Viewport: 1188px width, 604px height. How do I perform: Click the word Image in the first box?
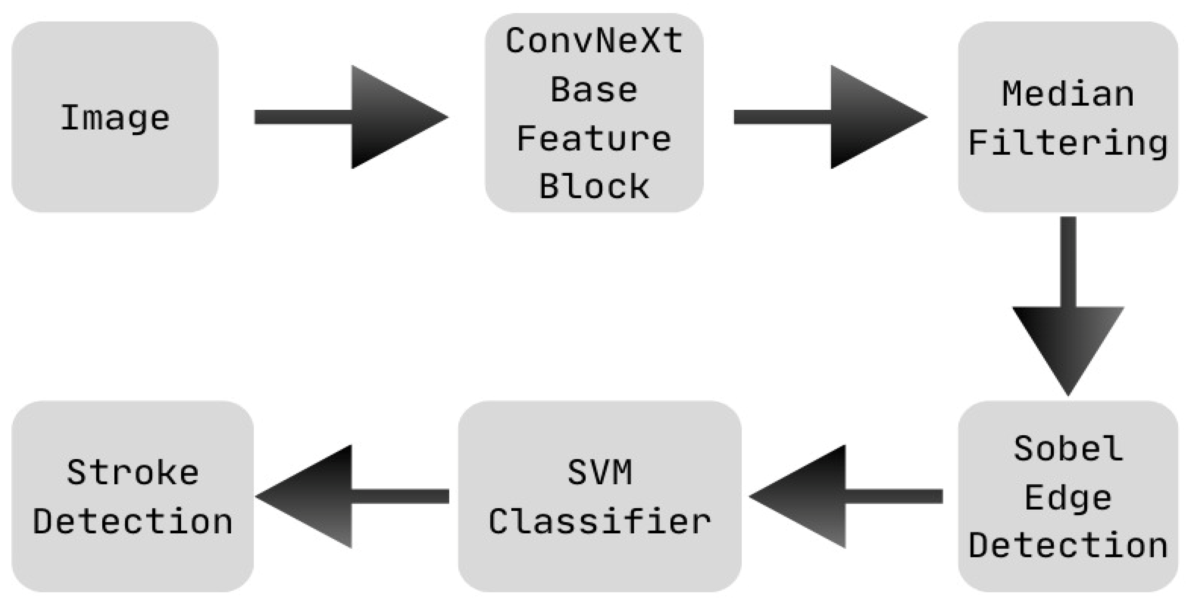pos(115,118)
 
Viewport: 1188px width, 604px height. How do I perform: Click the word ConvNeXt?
pos(594,41)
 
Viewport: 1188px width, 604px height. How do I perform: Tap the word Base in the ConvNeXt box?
pos(594,90)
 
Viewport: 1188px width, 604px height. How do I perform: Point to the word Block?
pos(594,187)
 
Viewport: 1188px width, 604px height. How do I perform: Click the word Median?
pos(1068,94)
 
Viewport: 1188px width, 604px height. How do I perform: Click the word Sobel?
pos(1068,448)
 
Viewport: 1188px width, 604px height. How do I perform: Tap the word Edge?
pos(1068,498)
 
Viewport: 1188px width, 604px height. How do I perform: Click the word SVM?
pos(599,473)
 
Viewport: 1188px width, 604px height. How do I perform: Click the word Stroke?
pos(133,473)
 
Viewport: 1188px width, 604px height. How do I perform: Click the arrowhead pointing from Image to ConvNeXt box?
pos(392,117)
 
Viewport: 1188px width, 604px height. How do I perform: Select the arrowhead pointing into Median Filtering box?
pos(872,117)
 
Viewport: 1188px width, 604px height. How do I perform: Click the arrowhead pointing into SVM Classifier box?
pos(805,497)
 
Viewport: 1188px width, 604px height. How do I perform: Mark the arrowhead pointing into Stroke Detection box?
pos(311,497)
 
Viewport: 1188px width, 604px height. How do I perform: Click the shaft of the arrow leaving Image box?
pos(302,117)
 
